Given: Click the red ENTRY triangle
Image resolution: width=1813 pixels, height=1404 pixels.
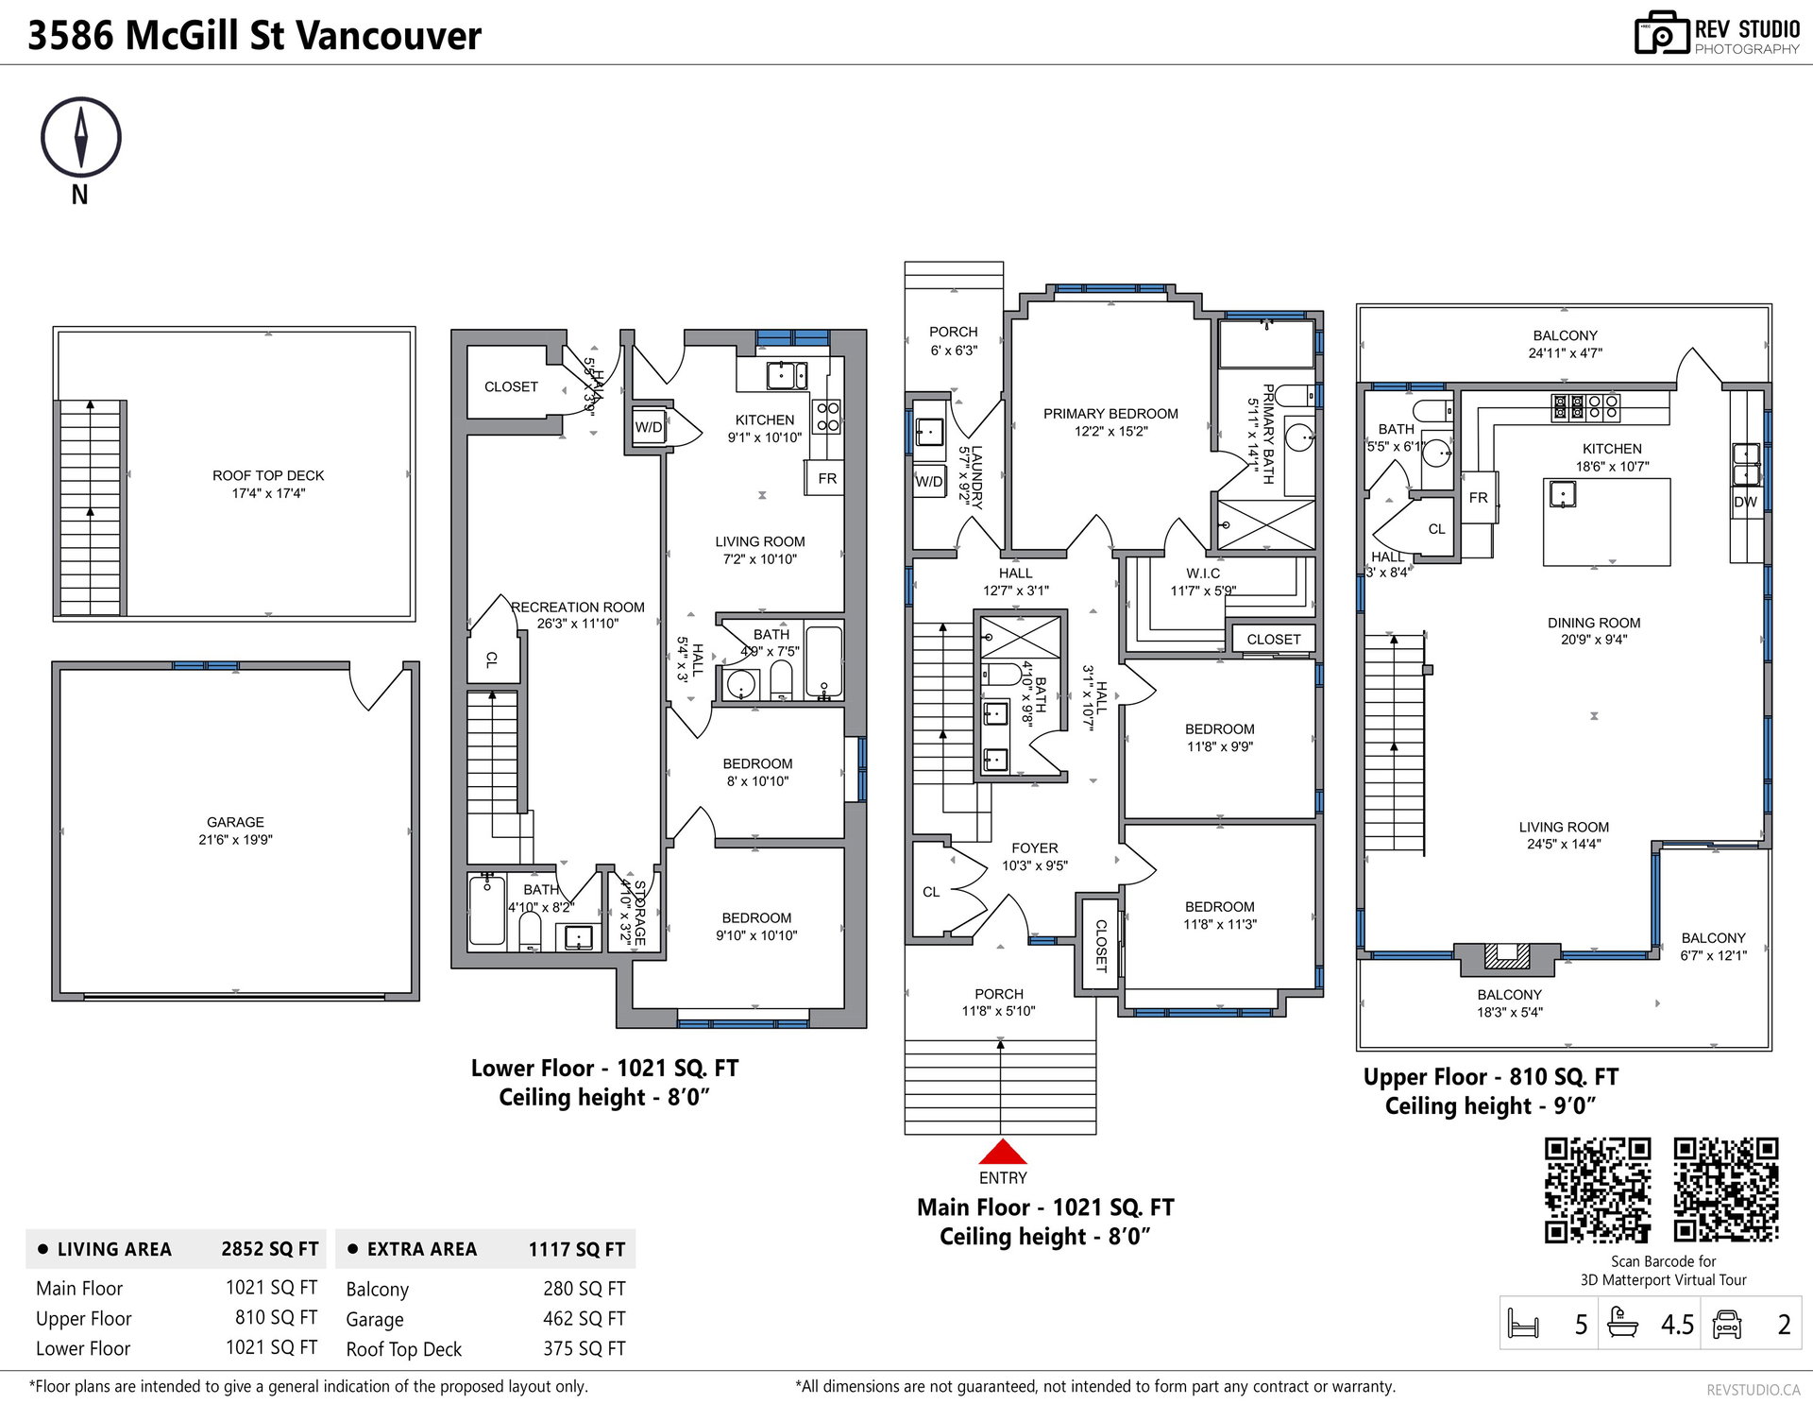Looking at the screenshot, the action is [x=1002, y=1151].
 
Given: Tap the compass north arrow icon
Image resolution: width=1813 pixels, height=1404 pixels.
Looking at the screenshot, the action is [x=81, y=138].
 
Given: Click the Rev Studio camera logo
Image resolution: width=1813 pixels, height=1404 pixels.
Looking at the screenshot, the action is [x=1661, y=33].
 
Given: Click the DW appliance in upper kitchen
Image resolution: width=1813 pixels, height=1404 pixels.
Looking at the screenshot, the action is [x=1745, y=502].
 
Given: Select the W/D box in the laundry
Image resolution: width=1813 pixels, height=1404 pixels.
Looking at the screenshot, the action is [x=929, y=481].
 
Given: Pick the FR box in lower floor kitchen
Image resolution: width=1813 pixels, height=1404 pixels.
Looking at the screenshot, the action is [x=827, y=478].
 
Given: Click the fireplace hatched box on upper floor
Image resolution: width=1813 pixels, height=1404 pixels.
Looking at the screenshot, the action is [x=1507, y=956].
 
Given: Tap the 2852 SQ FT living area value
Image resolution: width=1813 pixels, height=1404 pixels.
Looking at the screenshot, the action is [x=270, y=1249].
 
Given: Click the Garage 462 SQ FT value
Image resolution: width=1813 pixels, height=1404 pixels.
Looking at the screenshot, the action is [x=585, y=1318].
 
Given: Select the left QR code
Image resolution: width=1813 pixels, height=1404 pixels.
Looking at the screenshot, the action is [x=1598, y=1190].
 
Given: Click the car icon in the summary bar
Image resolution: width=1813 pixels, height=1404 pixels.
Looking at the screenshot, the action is [x=1727, y=1324].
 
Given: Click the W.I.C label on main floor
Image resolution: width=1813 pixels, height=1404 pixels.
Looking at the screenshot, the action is [x=1203, y=574].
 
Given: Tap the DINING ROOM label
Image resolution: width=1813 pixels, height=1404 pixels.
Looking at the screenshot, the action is [x=1594, y=623].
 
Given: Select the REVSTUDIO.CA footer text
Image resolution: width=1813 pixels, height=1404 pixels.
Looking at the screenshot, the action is [x=1753, y=1389].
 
